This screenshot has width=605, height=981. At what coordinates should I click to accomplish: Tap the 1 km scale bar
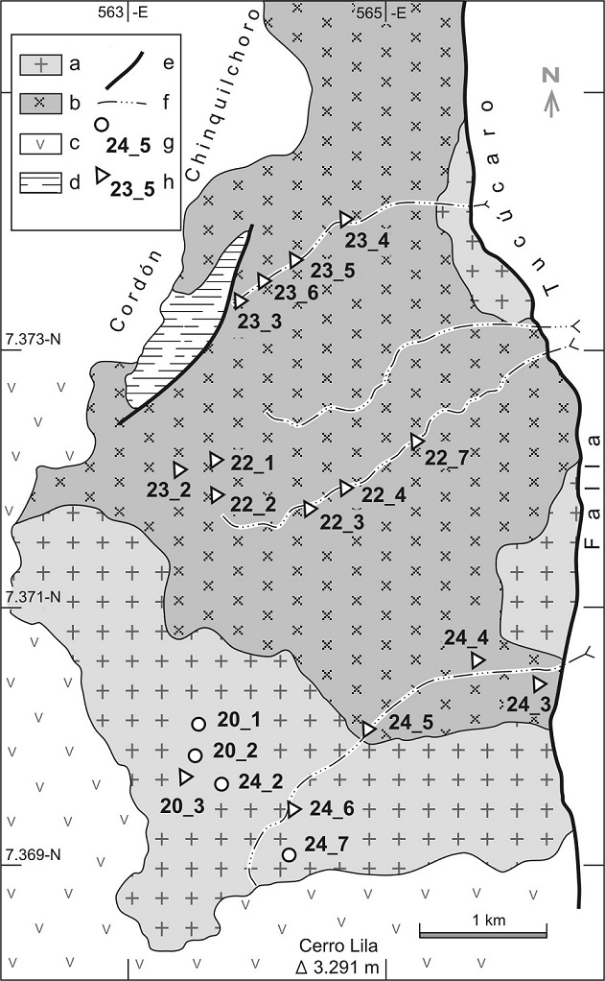(482, 931)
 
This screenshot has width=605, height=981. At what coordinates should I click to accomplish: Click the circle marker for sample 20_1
(198, 724)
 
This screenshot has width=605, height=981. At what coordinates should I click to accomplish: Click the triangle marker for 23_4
(346, 220)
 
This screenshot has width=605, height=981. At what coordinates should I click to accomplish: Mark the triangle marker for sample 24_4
(477, 660)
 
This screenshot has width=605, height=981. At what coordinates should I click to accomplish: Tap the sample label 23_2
(169, 490)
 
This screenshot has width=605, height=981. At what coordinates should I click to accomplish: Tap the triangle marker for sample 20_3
(186, 776)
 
